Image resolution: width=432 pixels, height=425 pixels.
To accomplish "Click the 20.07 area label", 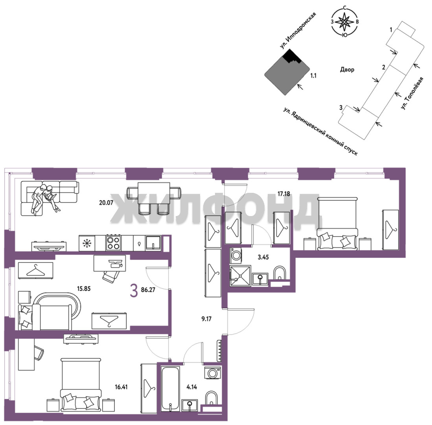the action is pos(106,203).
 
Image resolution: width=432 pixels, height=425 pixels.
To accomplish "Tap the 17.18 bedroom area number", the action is pos(283,194).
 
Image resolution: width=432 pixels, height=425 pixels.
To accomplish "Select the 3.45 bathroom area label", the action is pos(263,257).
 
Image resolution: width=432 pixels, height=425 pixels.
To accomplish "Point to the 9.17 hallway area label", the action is pos(206,319).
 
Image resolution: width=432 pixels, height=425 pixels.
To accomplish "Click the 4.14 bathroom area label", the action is pos(192,387).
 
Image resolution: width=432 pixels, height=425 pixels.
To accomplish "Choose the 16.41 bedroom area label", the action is pos(121,387).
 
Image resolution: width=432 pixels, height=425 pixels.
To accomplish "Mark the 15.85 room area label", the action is pos(84,289).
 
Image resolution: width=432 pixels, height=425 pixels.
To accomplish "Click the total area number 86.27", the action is pos(148,290).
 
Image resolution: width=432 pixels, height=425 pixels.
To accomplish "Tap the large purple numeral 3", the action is pos(134,291).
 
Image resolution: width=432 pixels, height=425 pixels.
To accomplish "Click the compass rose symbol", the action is pos(345,22).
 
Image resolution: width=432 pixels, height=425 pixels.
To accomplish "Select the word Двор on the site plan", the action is pos(347,70).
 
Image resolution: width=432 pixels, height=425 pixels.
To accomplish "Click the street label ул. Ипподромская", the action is pos(298,31).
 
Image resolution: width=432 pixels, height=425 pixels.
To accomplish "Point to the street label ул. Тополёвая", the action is pos(412,94).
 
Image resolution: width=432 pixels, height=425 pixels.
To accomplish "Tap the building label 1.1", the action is pos(313,76).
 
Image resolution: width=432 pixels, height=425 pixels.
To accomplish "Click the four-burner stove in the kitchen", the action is pos(114,243).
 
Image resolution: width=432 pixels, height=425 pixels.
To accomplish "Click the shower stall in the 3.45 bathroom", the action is pos(240,276).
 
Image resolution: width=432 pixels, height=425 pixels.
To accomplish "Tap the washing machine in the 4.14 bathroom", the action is pos(212,373).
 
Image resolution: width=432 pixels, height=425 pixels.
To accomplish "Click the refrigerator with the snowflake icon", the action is pos(87,243).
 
